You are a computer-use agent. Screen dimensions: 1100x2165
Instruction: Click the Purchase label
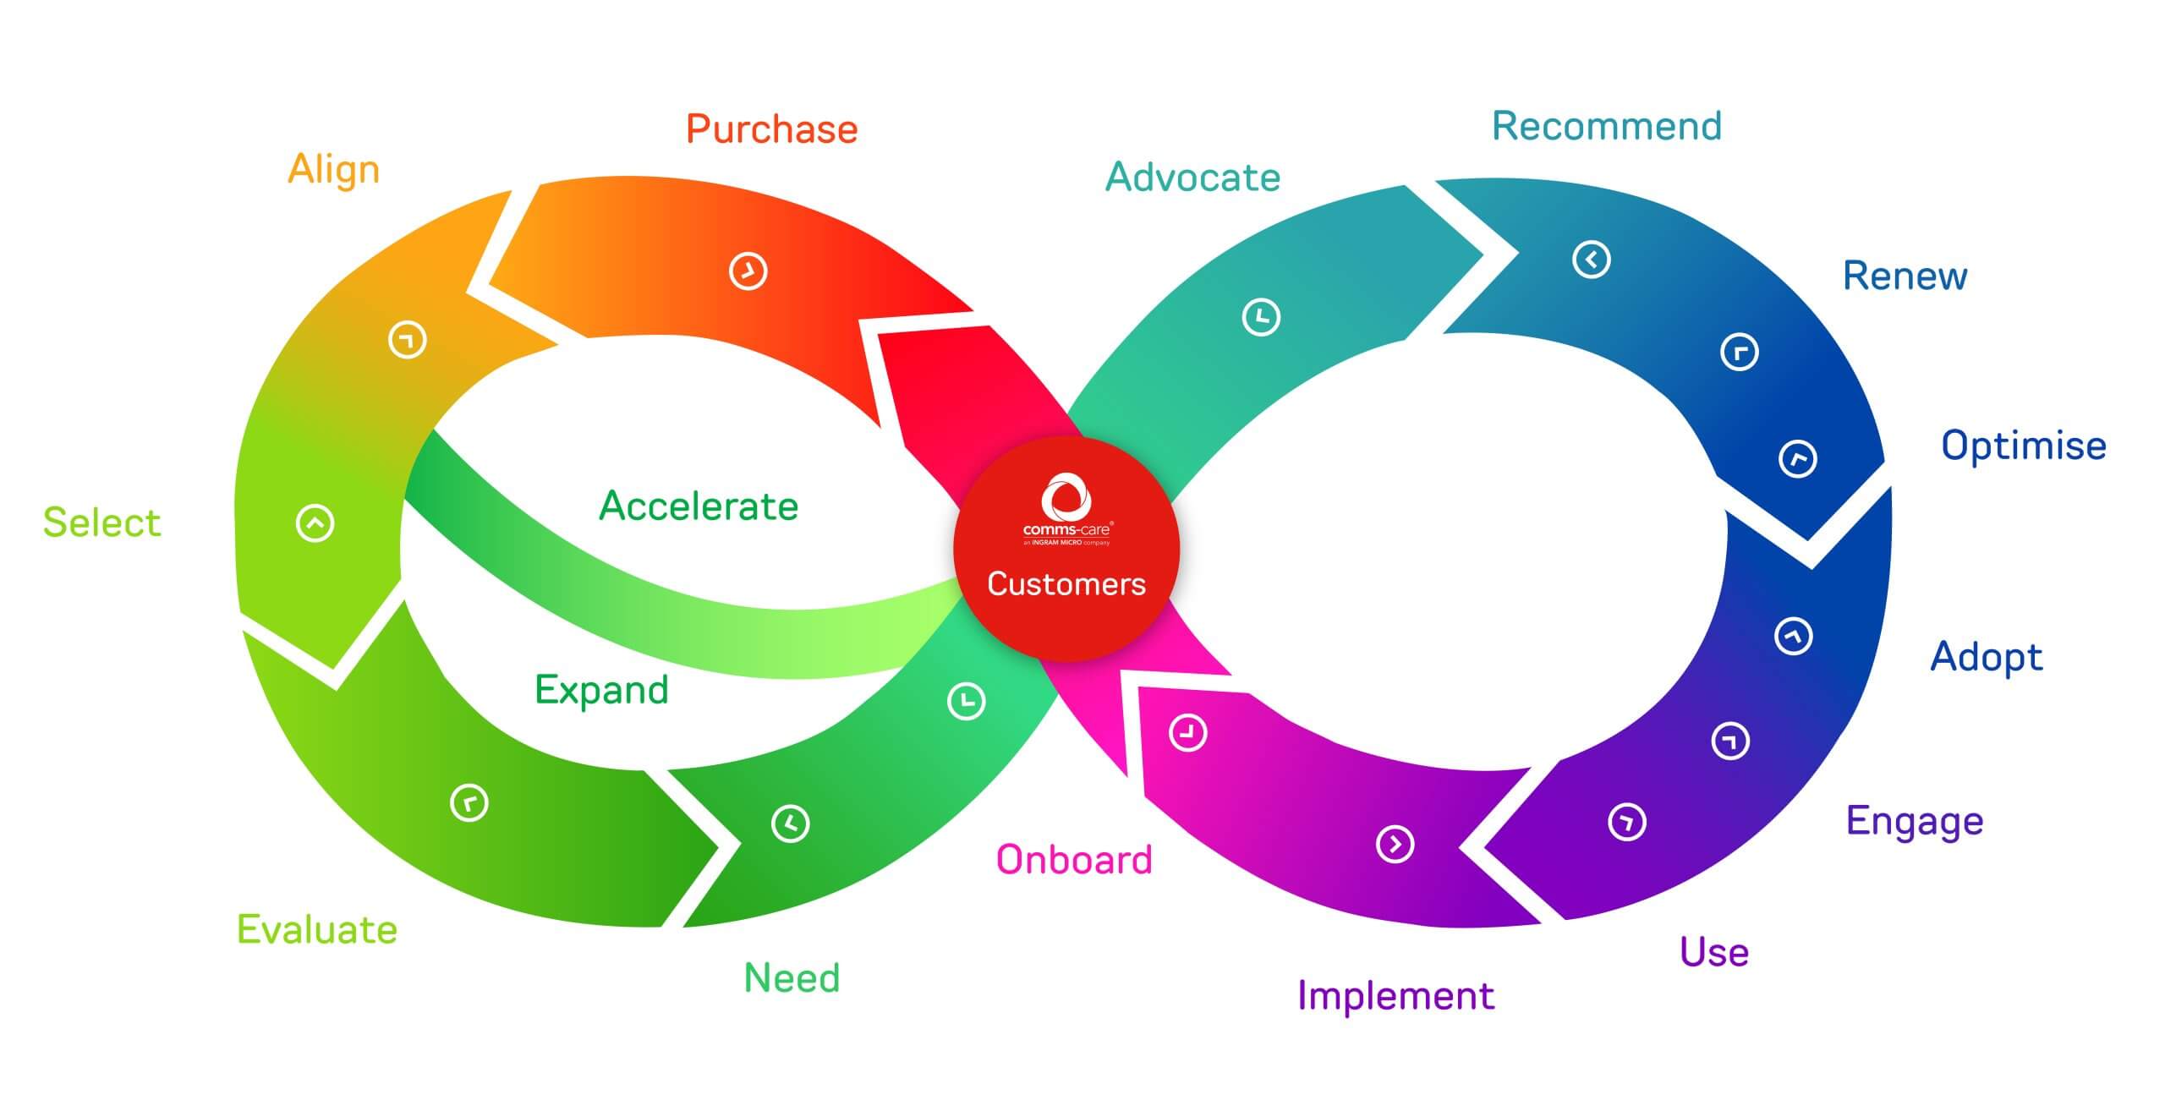pos(771,129)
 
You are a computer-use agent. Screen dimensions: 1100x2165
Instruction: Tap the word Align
pos(334,170)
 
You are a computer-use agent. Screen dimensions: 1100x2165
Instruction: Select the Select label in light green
pos(101,523)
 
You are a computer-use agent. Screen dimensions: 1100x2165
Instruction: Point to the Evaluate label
pos(317,929)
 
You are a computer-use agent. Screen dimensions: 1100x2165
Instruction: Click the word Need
pos(792,978)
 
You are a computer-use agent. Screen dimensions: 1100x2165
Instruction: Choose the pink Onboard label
pos(1074,860)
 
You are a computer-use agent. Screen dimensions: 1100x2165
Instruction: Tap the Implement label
pos(1396,996)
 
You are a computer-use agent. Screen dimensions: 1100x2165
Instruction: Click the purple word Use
pos(1714,952)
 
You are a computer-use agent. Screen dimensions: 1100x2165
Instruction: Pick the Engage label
pos(1915,821)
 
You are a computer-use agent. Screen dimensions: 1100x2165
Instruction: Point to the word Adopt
pos(1987,657)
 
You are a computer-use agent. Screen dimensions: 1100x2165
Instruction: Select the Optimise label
pos(2024,446)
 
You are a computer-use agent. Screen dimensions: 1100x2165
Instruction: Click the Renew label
pos(1905,276)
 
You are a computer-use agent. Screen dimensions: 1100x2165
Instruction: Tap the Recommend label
pos(1607,127)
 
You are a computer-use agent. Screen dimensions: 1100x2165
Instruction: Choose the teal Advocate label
pos(1193,178)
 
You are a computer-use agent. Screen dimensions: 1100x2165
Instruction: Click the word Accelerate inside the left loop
pos(699,506)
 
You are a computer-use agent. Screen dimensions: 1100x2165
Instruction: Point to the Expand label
pos(602,690)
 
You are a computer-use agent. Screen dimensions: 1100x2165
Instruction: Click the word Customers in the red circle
pos(1066,584)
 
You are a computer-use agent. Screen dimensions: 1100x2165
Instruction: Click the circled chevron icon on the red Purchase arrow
pos(748,271)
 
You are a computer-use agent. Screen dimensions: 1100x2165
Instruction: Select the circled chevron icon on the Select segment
pos(315,523)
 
